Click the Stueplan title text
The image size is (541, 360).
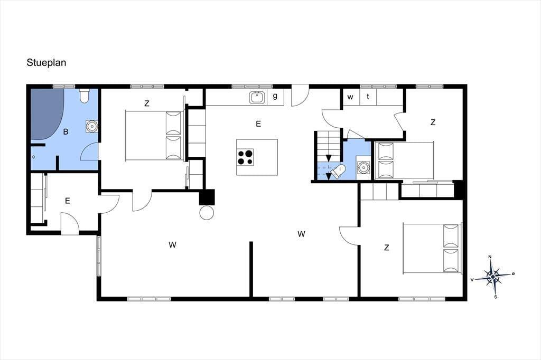pos(46,63)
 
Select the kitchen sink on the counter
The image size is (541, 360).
pos(256,97)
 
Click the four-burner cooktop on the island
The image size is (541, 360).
pos(245,157)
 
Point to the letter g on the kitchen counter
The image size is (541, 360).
pos(275,96)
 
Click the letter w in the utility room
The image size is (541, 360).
pos(350,97)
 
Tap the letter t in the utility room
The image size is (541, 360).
pos(368,97)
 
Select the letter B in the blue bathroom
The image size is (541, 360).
pos(66,132)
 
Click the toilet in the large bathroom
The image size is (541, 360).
pos(85,96)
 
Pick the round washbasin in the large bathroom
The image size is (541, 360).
pos(91,126)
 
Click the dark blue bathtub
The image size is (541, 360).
pos(47,114)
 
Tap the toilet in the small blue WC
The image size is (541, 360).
pos(338,171)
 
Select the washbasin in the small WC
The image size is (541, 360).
pos(363,167)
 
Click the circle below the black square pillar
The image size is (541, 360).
pos(207,212)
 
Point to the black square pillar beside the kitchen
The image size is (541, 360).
pos(207,197)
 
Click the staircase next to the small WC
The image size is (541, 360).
pos(328,156)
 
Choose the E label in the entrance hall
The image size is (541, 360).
pos(68,201)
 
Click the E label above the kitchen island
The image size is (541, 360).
pos(258,124)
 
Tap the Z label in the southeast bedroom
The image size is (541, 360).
pos(386,248)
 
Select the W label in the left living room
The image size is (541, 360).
pos(173,245)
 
